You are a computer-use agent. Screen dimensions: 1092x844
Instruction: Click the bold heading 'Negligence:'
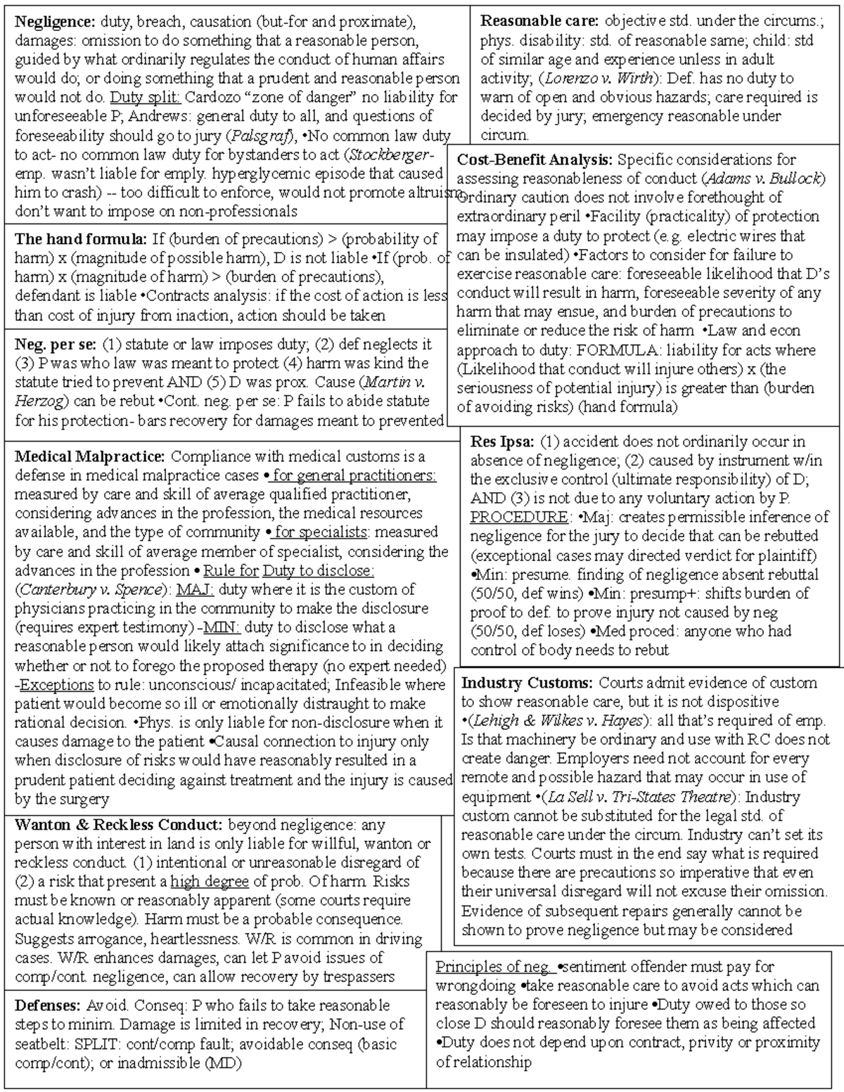(55, 21)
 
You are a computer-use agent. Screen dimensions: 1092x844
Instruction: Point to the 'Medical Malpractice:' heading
(90, 457)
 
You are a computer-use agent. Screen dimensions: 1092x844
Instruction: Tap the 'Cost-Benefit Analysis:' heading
(535, 160)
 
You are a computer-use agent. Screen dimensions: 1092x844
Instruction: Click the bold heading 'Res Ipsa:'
(502, 442)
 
